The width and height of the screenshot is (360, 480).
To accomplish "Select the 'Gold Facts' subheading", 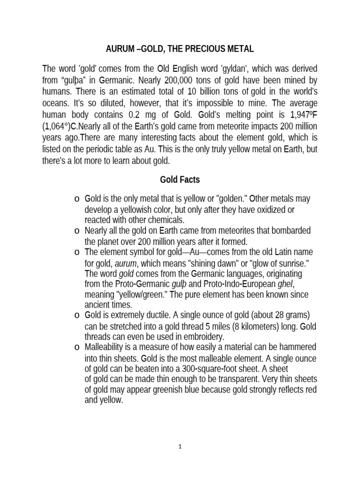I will click(180, 179).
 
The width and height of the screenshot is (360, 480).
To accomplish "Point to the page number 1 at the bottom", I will click(180, 447).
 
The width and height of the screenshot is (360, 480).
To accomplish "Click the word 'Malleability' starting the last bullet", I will click(106, 347).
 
